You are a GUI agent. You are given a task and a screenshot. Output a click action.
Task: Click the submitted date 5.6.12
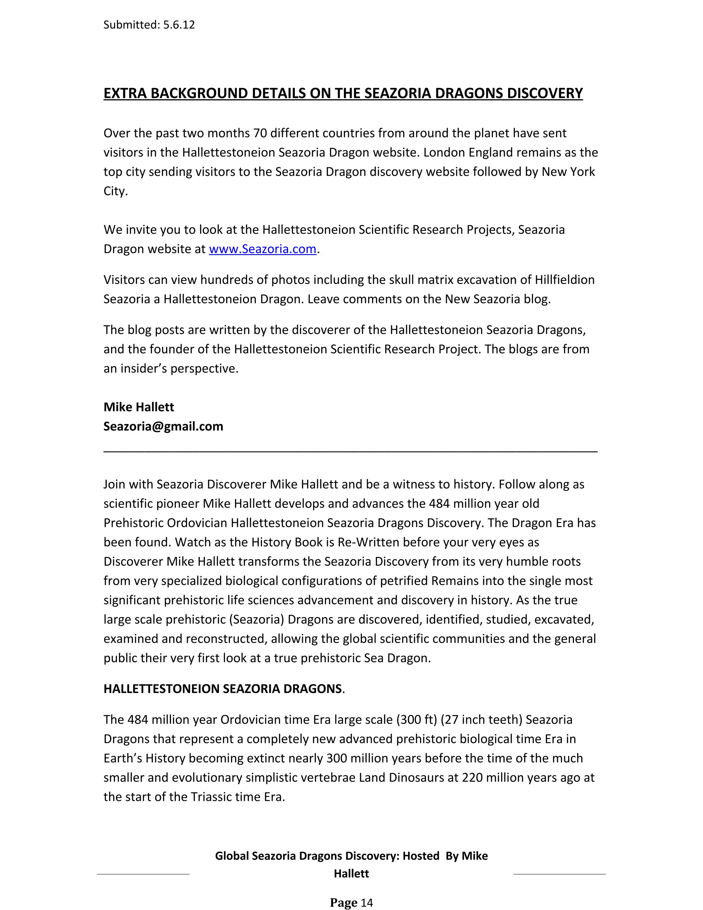click(x=178, y=25)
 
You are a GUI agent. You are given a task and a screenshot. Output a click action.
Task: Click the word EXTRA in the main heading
click(x=125, y=93)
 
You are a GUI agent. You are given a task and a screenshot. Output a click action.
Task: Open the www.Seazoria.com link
click(x=262, y=249)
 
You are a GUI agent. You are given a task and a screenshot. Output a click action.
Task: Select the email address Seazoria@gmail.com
click(x=163, y=426)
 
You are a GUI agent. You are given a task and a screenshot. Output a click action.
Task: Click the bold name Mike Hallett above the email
click(x=139, y=407)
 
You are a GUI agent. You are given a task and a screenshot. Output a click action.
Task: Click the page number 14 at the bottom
click(x=367, y=903)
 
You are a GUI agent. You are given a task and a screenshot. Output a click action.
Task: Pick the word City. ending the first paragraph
click(x=115, y=191)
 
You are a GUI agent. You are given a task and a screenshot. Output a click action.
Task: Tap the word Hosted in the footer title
click(x=420, y=856)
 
